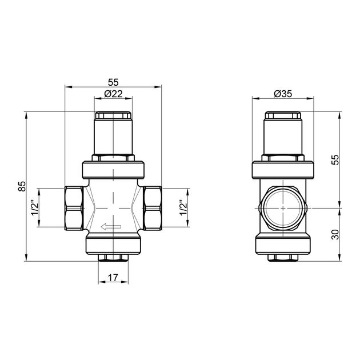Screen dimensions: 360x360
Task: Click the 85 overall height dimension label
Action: [x=22, y=186]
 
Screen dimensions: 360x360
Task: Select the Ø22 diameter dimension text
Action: [x=113, y=94]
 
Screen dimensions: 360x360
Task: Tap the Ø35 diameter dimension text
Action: [x=283, y=94]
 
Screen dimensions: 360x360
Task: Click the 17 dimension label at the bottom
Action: [x=113, y=278]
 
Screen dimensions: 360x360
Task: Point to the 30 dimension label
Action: [x=335, y=234]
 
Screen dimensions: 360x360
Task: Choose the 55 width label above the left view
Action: [x=113, y=82]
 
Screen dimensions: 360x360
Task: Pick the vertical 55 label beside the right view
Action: [x=335, y=160]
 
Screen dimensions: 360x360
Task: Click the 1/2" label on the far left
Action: [x=35, y=207]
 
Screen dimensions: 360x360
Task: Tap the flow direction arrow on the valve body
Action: [x=111, y=227]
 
